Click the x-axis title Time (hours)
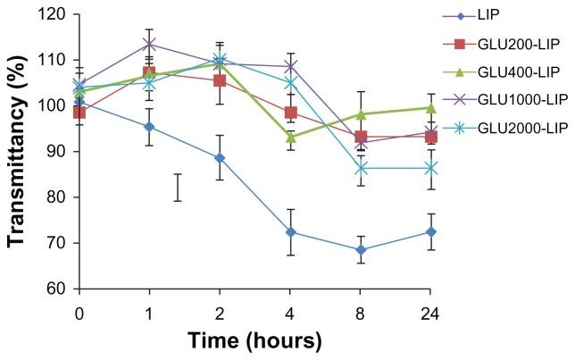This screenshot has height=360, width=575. (x=254, y=340)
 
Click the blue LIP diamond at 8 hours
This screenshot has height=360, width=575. (x=361, y=250)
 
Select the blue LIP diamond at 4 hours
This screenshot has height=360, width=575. (x=290, y=232)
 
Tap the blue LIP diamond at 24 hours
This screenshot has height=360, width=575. (x=430, y=232)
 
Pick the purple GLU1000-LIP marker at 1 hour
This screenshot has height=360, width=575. (x=149, y=44)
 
